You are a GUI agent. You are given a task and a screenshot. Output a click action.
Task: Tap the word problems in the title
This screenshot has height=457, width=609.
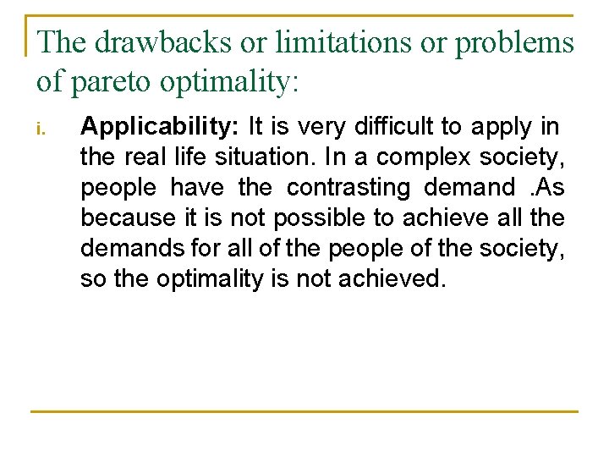[x=514, y=42]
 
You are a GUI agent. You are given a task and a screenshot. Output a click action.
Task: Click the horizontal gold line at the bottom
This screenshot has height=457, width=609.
[x=304, y=411]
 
